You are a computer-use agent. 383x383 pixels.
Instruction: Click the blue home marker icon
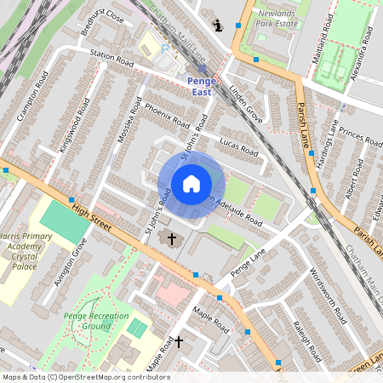[x=191, y=184]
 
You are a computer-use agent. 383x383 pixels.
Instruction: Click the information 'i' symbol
[x=220, y=26]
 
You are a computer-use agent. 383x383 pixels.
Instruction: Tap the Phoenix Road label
[x=166, y=115]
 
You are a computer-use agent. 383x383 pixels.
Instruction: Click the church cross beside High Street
[x=172, y=239]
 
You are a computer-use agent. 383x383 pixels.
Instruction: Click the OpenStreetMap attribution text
[x=85, y=377]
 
